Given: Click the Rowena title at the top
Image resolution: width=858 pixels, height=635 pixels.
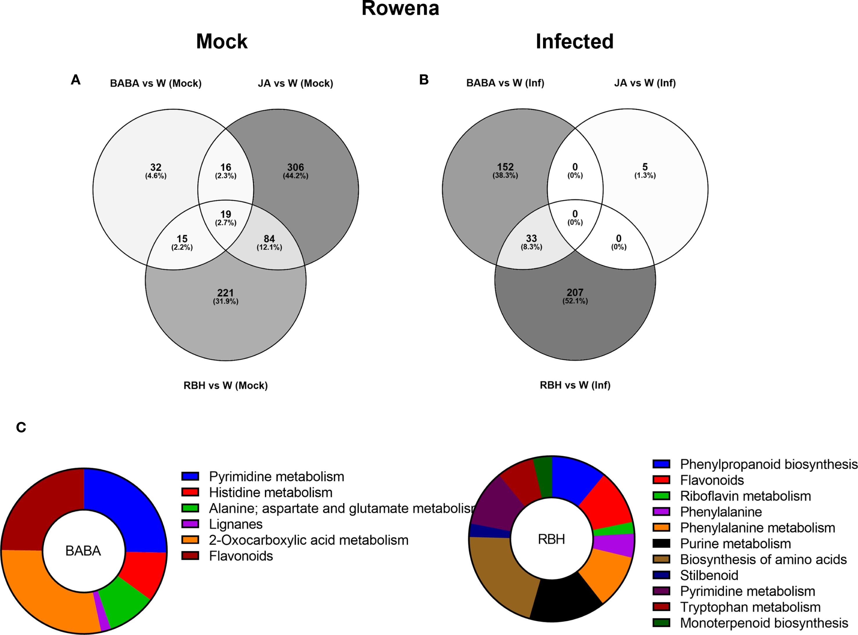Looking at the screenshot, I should pos(400,8).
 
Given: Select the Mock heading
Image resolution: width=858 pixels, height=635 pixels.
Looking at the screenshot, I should pos(222,42).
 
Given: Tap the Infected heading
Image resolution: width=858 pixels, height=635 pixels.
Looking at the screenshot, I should pos(574,42).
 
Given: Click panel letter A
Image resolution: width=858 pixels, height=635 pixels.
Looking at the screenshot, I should pos(76,80).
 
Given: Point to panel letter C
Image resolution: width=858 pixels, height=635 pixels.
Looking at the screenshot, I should pos(21,427).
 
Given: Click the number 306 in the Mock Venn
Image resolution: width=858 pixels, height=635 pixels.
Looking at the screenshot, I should pos(295,168).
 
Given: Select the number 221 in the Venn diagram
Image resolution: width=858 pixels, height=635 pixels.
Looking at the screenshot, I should pos(226,293).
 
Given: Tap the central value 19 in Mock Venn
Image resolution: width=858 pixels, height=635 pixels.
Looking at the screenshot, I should pos(226,214).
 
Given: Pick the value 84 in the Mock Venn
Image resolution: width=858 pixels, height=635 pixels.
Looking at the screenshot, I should pos(269,239).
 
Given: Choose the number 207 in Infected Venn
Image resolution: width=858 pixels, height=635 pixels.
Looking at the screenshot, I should pos(575,293).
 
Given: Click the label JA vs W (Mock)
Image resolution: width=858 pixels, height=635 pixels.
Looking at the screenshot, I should pos(295,83).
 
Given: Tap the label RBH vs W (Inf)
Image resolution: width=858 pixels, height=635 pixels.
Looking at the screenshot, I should pos(575,385).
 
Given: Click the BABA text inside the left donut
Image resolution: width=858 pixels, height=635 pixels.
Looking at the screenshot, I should pos(83,551).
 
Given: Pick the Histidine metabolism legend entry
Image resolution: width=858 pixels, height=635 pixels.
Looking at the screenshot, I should pos(271,492).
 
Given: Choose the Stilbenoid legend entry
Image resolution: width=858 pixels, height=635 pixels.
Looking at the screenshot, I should pos(709,575).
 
